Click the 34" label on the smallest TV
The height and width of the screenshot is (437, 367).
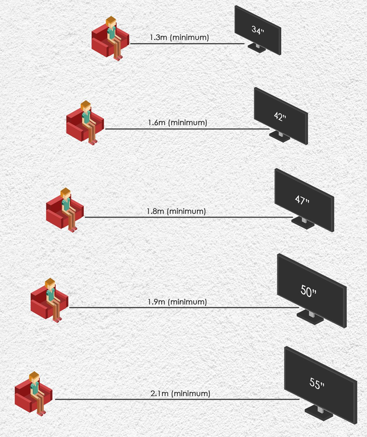pos(258,30)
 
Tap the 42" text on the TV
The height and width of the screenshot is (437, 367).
pos(280,116)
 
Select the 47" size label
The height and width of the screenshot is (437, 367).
pos(302,200)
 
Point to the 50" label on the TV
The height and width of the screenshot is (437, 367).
pos(308,291)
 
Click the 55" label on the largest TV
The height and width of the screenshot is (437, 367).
pos(317,383)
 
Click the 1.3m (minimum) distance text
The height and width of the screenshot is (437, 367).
pos(179,38)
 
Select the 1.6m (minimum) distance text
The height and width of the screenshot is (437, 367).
pos(177,123)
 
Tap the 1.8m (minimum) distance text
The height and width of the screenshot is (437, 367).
pos(176,211)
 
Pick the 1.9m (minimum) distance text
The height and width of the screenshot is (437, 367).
pos(177,302)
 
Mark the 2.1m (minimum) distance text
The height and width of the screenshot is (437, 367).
pos(180,393)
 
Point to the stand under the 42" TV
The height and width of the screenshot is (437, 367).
pos(280,136)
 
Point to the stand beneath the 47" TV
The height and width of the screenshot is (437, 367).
pos(303,222)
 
